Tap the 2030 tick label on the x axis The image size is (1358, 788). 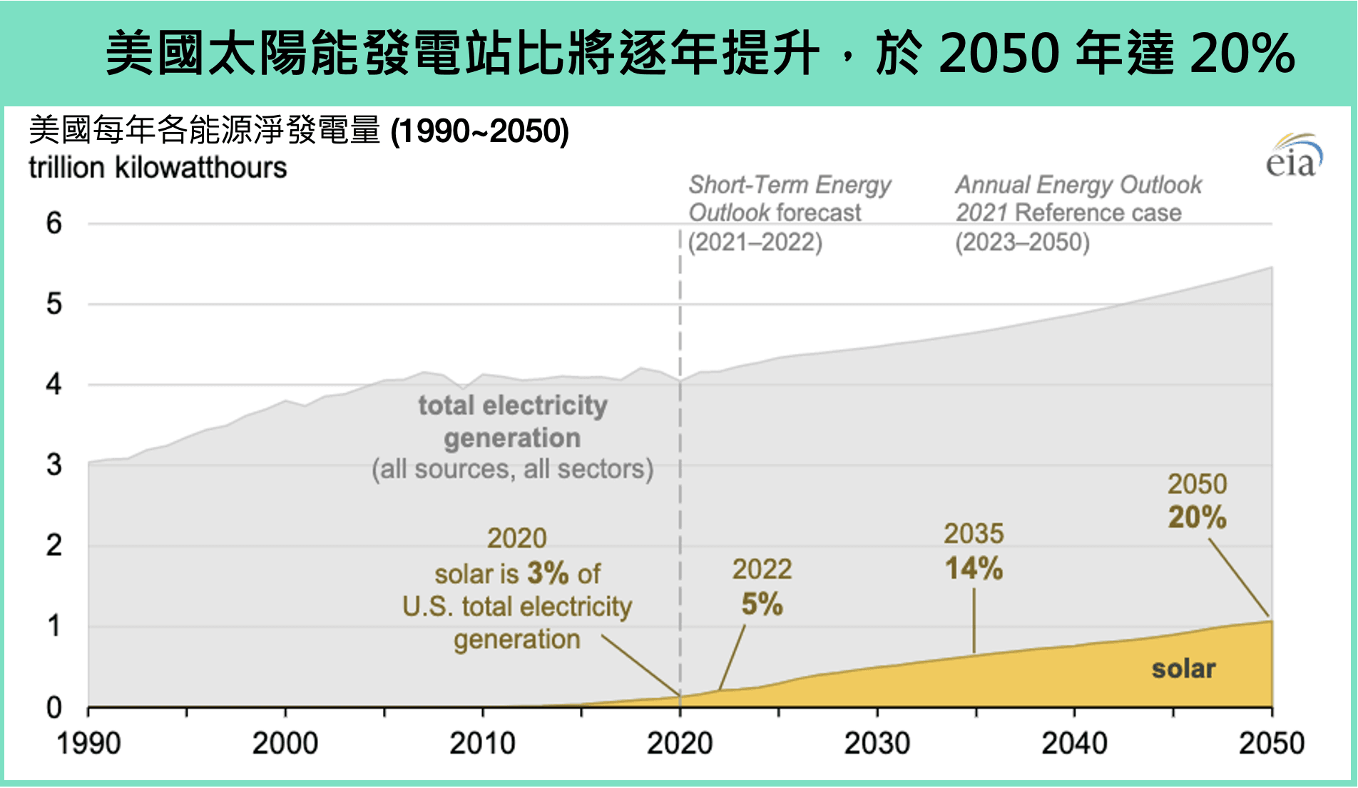(877, 744)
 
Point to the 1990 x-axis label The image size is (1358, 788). (88, 744)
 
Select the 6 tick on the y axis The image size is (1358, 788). (54, 223)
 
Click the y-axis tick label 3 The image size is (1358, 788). (54, 465)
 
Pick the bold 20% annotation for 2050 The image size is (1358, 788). (1197, 517)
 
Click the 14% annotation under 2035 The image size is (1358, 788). (974, 569)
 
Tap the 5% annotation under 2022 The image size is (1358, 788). (762, 605)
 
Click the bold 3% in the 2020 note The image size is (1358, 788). (548, 573)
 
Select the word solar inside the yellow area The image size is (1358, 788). (1183, 669)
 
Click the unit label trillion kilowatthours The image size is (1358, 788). (158, 168)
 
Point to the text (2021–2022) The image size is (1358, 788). (755, 243)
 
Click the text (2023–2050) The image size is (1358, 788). (1022, 243)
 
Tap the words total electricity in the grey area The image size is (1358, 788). (513, 405)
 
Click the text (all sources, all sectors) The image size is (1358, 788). (512, 469)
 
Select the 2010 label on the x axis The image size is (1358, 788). (482, 744)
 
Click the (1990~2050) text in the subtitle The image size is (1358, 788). (480, 131)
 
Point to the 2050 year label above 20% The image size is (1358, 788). (1197, 485)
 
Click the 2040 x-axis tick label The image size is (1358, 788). (1074, 744)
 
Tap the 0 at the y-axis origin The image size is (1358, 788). (54, 707)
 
